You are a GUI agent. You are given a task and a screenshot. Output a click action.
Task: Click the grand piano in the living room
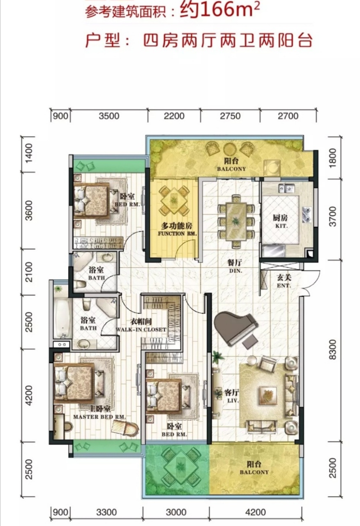(x=236, y=328)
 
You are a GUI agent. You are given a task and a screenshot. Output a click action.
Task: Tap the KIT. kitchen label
(x=281, y=226)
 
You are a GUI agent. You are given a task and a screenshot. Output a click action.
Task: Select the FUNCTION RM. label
(x=177, y=234)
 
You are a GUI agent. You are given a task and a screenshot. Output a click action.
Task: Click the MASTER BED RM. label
(x=99, y=417)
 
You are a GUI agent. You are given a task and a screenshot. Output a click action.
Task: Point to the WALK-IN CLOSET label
(x=141, y=330)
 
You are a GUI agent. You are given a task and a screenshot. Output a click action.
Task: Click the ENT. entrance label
(x=284, y=286)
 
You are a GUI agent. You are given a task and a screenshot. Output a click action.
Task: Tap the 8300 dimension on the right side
(x=333, y=349)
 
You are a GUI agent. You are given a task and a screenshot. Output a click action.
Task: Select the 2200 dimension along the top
(x=174, y=116)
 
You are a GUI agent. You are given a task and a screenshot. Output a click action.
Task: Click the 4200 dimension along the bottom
(x=256, y=512)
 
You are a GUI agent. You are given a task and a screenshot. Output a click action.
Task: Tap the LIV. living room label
(x=233, y=401)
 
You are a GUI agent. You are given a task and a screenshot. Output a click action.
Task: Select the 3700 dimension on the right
(x=333, y=216)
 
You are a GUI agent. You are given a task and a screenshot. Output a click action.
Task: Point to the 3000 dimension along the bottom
(x=176, y=512)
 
